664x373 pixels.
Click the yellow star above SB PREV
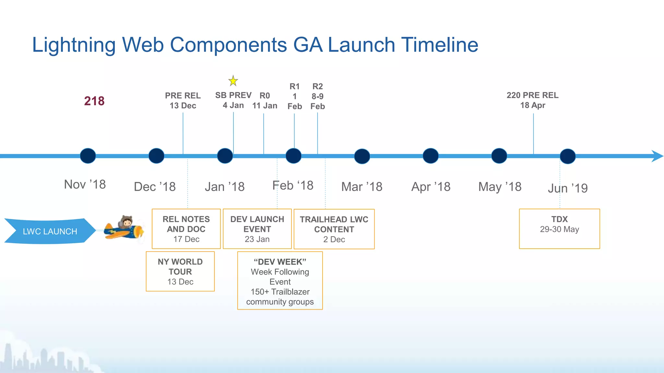point(233,81)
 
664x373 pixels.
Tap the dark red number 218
point(94,101)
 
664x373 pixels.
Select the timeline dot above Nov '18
point(88,156)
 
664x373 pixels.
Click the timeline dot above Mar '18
point(362,156)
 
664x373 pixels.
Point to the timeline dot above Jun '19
point(567,156)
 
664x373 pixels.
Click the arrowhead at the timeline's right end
point(657,156)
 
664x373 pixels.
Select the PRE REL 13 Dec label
point(183,100)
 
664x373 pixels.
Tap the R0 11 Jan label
point(265,100)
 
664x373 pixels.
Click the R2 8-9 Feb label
point(317,96)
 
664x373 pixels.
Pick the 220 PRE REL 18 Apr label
point(532,100)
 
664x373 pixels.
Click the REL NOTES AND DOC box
point(186,229)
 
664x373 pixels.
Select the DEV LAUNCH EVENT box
point(257,229)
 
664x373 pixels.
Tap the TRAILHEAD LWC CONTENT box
point(334,229)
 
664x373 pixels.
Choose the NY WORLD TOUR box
point(180,271)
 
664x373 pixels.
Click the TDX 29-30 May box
point(559,229)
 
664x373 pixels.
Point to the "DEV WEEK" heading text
point(280,262)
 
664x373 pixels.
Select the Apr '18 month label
point(431,187)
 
